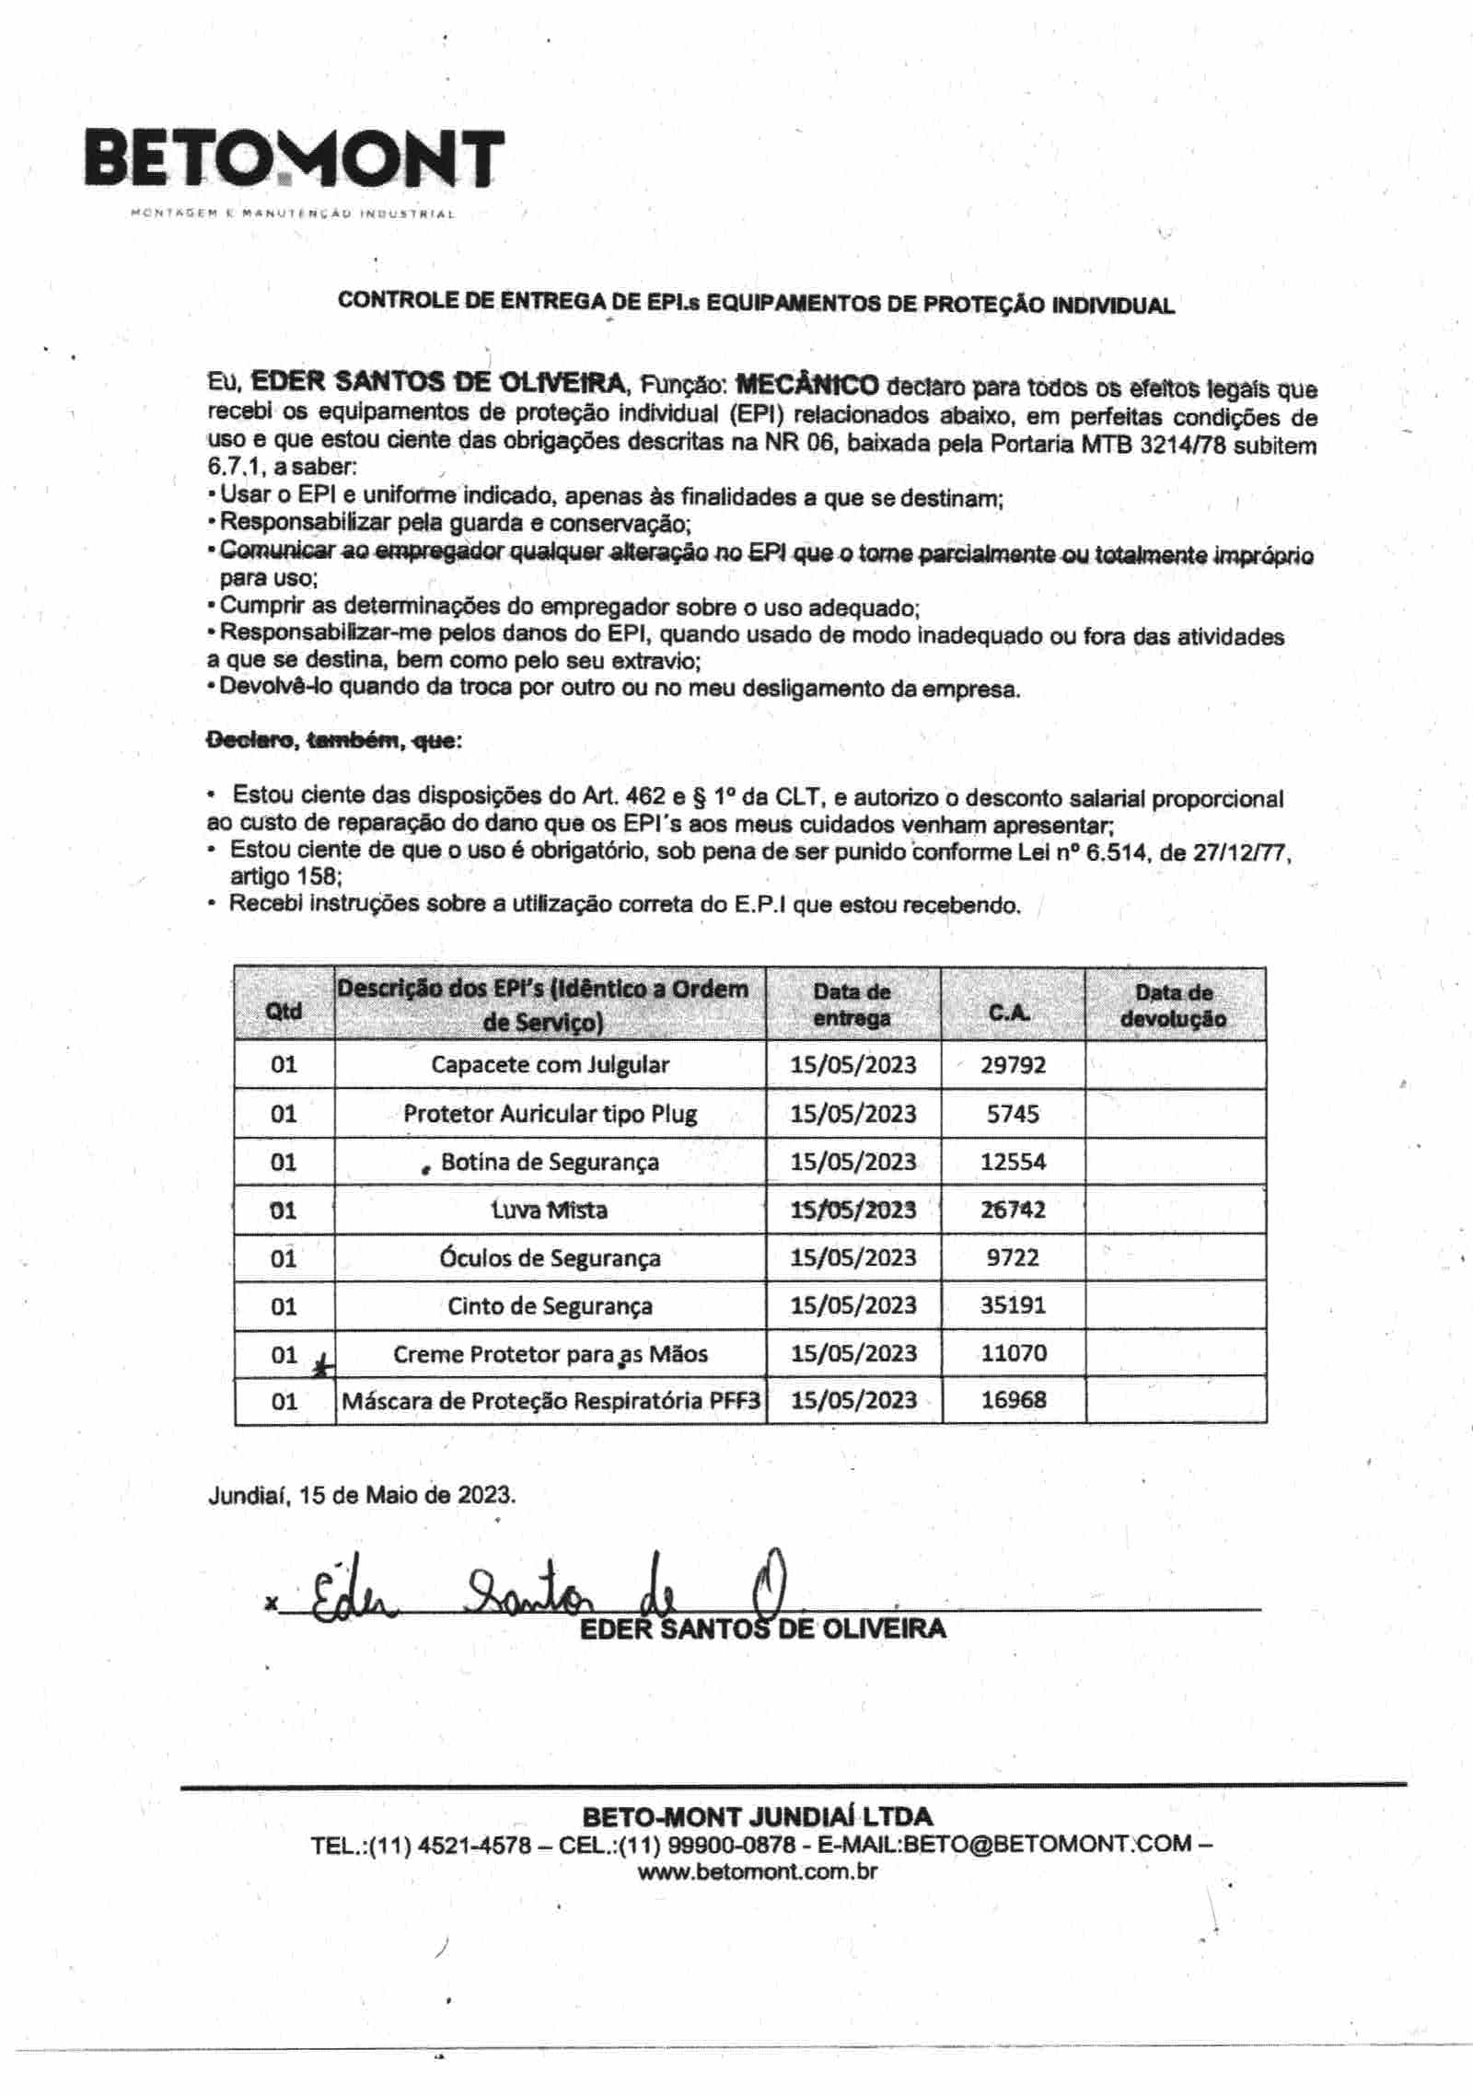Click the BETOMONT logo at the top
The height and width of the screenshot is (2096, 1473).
(x=295, y=160)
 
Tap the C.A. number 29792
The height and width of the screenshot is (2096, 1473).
(x=1013, y=1065)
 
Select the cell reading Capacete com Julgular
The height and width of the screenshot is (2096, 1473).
(x=550, y=1065)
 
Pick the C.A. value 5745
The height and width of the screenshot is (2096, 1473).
(x=1013, y=1114)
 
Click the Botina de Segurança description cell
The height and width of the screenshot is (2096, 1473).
(x=550, y=1162)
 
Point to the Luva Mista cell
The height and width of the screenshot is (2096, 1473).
(x=550, y=1210)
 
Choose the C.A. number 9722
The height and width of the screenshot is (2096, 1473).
(x=1013, y=1257)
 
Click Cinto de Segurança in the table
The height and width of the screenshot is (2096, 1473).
(x=550, y=1305)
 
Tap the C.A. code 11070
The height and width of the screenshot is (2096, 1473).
(x=1013, y=1353)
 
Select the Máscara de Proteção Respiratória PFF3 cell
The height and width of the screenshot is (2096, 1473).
(x=551, y=1400)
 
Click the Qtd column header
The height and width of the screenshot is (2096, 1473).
(x=284, y=1010)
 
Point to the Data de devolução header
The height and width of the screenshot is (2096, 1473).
(x=1174, y=1005)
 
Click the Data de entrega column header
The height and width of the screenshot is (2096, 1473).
(x=852, y=1005)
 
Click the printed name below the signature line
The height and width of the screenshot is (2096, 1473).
(x=762, y=1628)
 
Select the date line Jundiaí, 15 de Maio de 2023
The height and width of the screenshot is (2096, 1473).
(x=362, y=1494)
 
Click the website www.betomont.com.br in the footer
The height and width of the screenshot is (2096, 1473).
(x=757, y=1871)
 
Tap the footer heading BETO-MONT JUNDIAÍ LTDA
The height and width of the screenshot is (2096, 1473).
(x=757, y=1816)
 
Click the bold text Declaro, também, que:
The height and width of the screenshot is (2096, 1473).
(x=334, y=740)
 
